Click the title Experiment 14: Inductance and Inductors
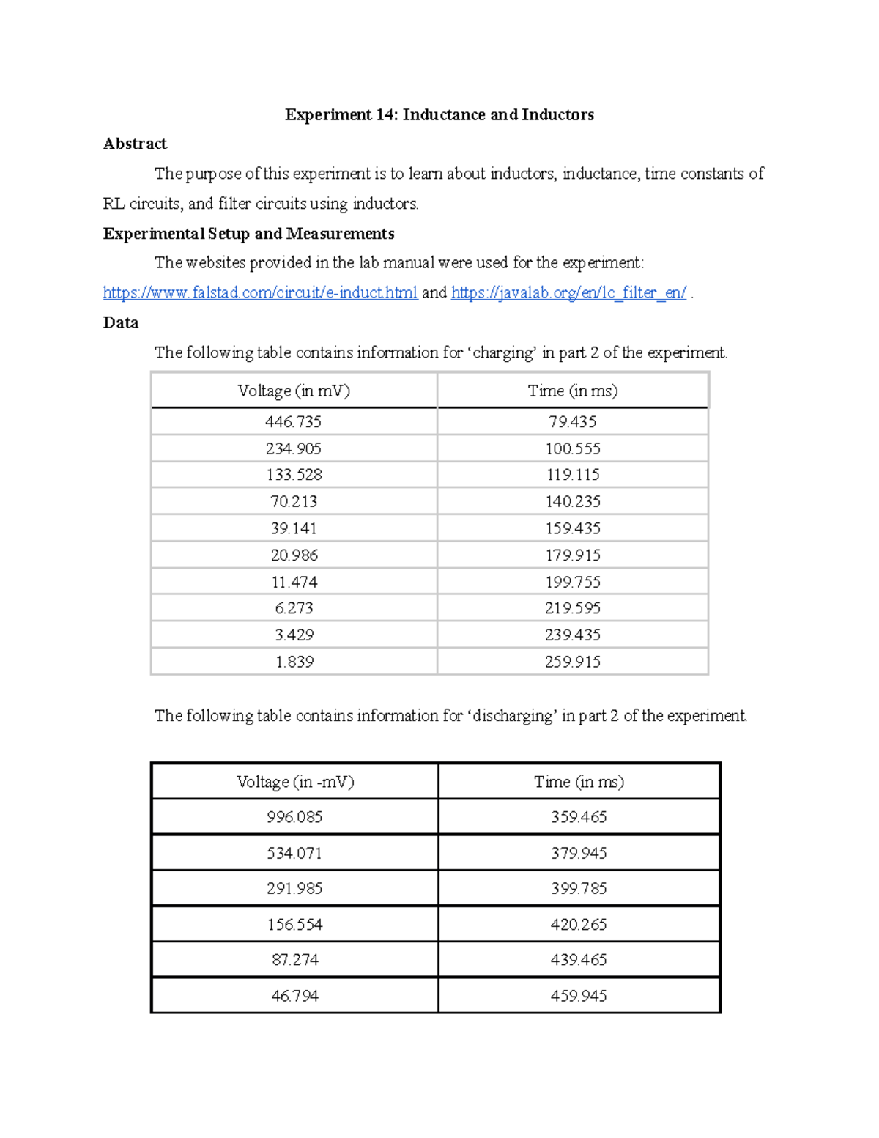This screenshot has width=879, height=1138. click(x=439, y=115)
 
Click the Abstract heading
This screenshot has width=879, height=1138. click(x=135, y=144)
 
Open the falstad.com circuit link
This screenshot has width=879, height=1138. click(x=260, y=293)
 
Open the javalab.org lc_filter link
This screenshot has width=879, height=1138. click(x=568, y=293)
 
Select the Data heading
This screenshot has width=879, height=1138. click(x=121, y=323)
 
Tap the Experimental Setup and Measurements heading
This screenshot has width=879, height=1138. click(x=248, y=234)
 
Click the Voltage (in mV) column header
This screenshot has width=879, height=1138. click(x=294, y=391)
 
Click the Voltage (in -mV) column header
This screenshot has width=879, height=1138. click(x=295, y=782)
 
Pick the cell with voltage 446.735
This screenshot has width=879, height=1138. click(x=294, y=422)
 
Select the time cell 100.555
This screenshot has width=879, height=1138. click(x=573, y=448)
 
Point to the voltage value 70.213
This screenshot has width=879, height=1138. click(x=294, y=502)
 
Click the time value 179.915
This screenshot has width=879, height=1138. click(x=573, y=555)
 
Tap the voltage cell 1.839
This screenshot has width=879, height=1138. click(x=294, y=662)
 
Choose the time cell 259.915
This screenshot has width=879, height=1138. click(x=573, y=662)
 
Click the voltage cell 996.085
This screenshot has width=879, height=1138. click(x=294, y=817)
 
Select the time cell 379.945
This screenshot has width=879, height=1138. click(x=579, y=853)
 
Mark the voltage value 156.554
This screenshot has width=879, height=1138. click(x=294, y=925)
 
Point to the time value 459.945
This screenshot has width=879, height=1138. click(x=579, y=996)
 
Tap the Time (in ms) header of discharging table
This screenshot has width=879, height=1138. click(x=579, y=782)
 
